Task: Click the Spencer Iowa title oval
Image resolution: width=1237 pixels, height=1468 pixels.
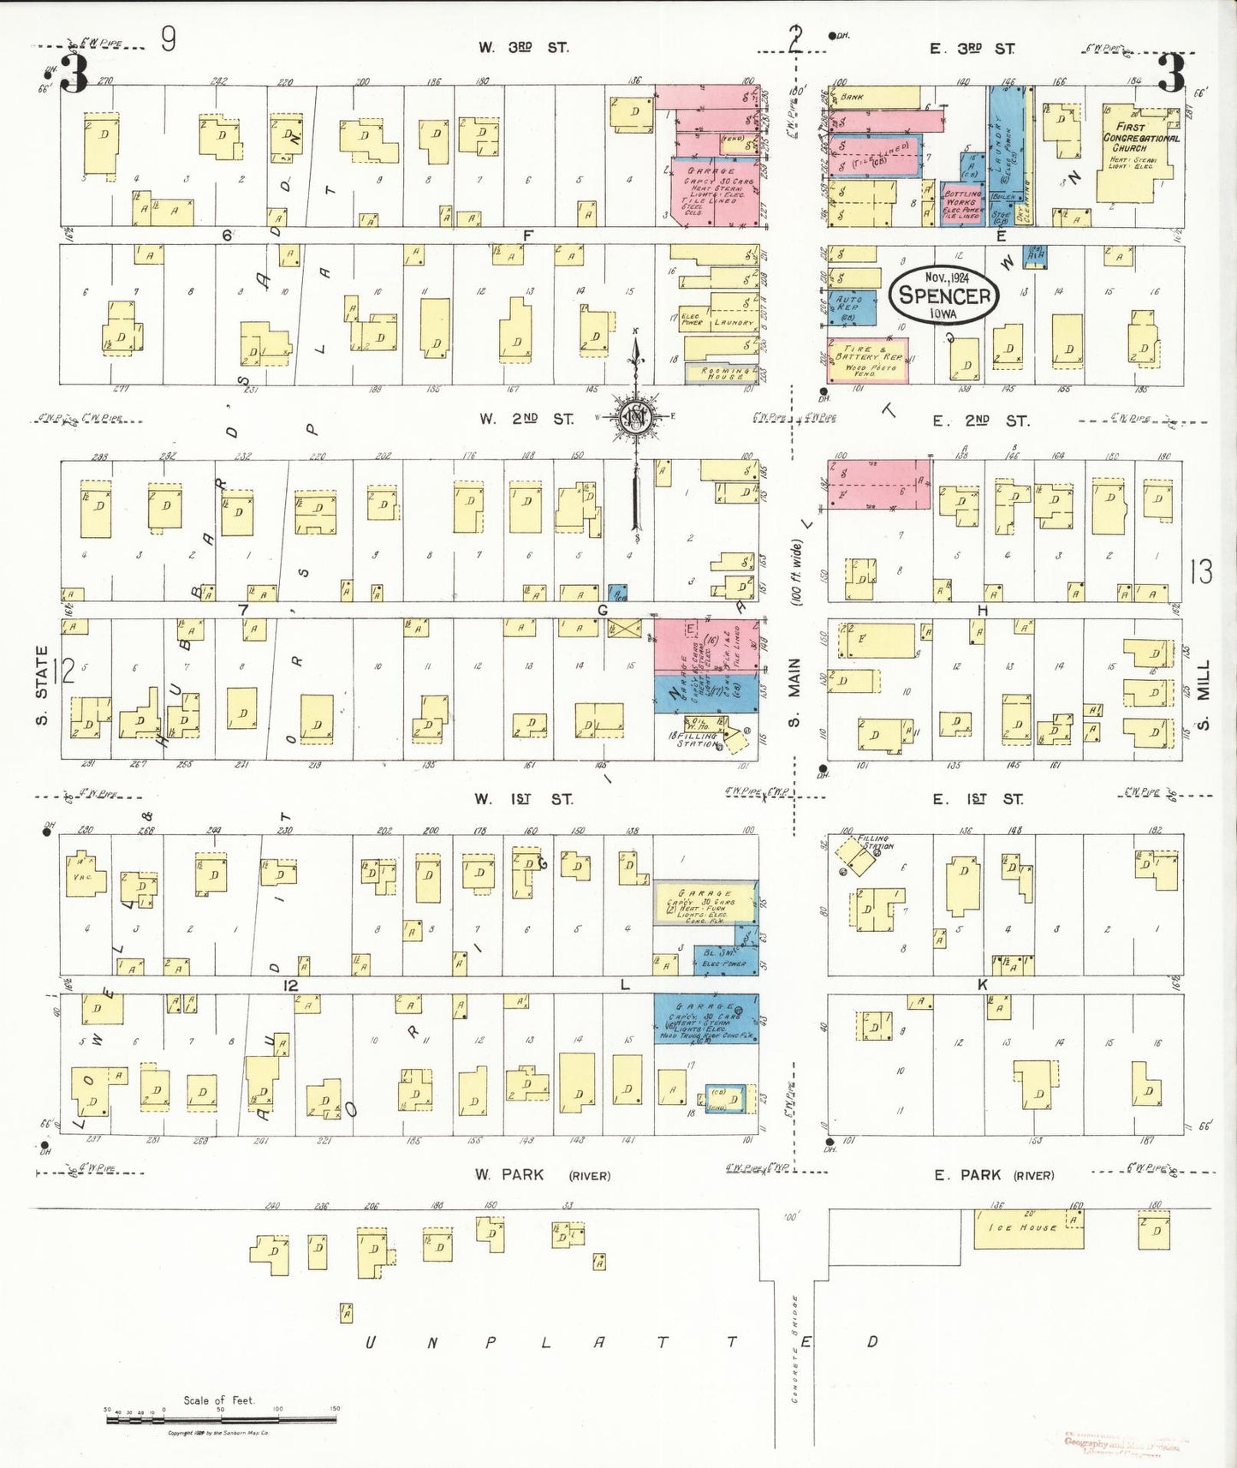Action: pos(944,295)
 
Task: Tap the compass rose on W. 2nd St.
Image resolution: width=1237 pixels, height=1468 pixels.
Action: pos(636,417)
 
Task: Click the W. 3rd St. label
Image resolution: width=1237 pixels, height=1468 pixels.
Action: pos(523,48)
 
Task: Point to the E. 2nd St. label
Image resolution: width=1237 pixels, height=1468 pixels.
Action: pos(980,421)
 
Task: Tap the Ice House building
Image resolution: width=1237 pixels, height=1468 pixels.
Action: pos(1028,1228)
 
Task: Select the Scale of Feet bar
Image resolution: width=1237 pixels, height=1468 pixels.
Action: pos(221,1419)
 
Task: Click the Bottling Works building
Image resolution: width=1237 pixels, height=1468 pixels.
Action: pos(961,204)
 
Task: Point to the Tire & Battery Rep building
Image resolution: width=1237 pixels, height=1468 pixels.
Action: pos(867,361)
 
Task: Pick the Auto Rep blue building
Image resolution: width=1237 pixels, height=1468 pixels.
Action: pos(852,307)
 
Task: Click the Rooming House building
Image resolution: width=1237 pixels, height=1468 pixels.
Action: pos(721,373)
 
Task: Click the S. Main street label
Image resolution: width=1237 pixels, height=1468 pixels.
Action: pos(794,692)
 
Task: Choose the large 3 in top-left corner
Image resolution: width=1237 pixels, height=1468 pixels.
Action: pos(74,74)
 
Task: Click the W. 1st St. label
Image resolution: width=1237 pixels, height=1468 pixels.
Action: pos(524,799)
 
